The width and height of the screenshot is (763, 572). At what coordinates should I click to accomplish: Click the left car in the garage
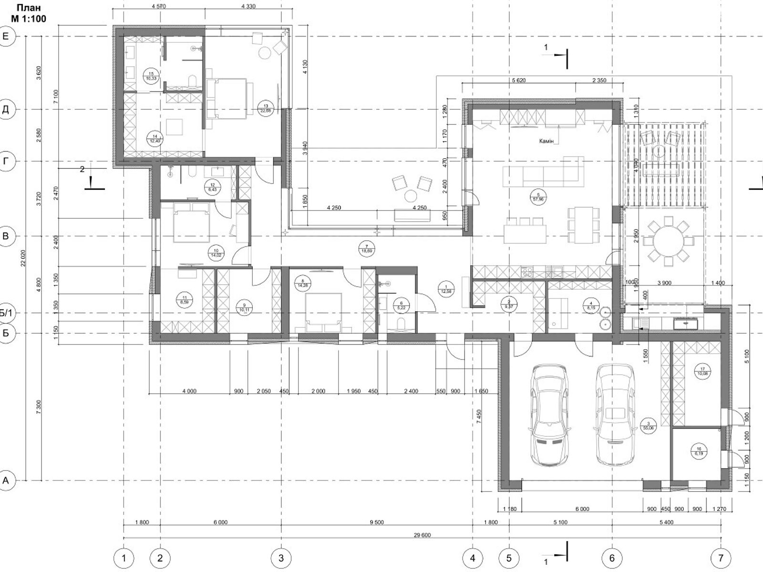click(x=551, y=415)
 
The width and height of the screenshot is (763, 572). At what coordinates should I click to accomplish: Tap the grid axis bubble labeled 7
click(x=721, y=557)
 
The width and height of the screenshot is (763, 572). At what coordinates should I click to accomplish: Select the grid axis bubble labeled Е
click(x=7, y=37)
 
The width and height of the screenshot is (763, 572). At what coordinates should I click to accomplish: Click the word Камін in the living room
click(x=546, y=142)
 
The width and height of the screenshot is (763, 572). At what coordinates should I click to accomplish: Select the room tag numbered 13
click(x=266, y=109)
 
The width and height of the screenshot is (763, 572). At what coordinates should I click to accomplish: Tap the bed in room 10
click(x=192, y=222)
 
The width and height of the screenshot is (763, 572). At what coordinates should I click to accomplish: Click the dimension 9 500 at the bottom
click(x=376, y=522)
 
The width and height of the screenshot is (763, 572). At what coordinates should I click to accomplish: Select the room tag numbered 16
click(x=699, y=451)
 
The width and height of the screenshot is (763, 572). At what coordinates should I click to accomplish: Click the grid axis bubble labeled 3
click(x=281, y=557)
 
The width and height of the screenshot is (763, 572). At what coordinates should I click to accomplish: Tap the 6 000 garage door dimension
click(x=582, y=509)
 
